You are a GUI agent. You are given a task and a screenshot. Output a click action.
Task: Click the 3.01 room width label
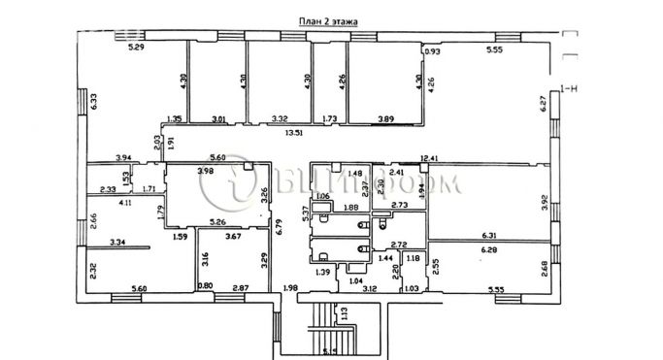tap(218, 119)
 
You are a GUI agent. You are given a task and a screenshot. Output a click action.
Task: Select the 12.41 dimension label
tap(430, 157)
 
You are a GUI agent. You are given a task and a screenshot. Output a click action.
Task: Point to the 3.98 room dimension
tap(206, 172)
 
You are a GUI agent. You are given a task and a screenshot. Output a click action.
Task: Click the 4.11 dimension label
tap(126, 204)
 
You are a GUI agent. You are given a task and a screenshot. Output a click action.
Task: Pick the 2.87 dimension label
tap(241, 288)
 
